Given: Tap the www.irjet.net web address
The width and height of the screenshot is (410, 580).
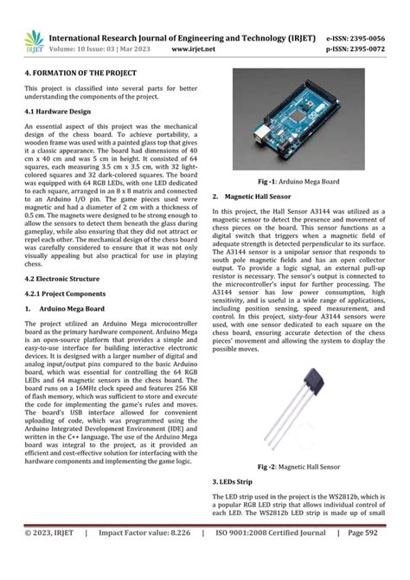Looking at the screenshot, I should coord(193,50).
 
